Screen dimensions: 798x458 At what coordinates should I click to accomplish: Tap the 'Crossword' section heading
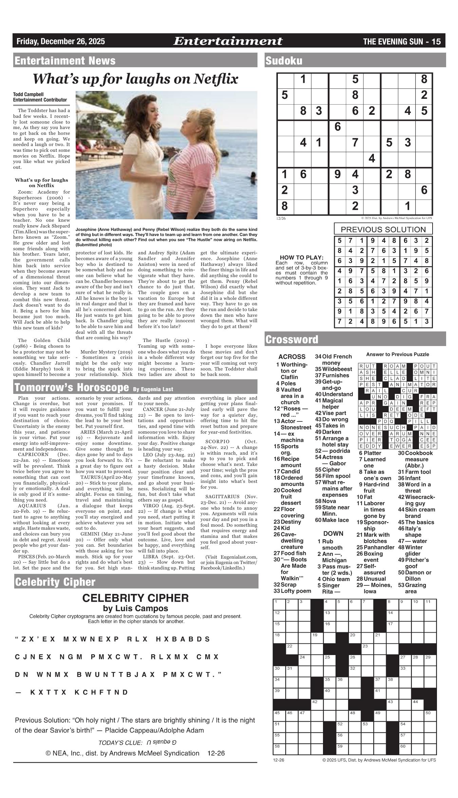point(292,339)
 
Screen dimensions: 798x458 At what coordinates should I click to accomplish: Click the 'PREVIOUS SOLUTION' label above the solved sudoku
point(383,229)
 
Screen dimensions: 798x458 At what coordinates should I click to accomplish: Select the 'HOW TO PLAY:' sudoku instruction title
point(302,257)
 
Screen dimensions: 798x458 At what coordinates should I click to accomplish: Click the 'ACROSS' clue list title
point(291,357)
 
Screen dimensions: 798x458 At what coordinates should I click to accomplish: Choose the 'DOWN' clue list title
point(333,533)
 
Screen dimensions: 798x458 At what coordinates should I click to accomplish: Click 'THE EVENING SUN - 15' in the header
point(402,41)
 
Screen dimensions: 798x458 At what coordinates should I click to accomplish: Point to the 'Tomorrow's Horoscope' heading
point(71,387)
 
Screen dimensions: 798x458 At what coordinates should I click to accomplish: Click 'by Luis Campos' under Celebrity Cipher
point(135,608)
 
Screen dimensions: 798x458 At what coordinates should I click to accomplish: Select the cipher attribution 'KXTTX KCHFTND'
point(79,692)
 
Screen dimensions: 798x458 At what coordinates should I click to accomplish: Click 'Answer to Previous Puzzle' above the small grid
point(397,354)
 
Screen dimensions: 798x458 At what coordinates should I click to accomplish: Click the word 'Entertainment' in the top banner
point(227,41)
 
